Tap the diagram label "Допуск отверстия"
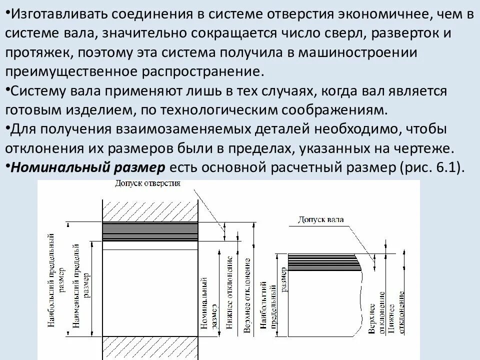(x=147, y=183)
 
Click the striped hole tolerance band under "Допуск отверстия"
(x=150, y=232)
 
